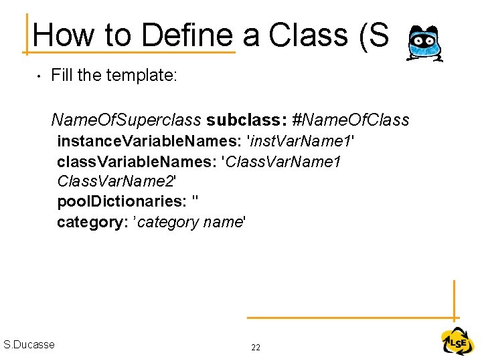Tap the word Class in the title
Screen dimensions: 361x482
[312, 35]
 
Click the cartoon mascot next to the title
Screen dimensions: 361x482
[425, 44]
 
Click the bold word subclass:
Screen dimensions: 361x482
[247, 120]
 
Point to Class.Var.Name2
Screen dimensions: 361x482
[116, 182]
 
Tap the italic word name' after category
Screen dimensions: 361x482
[224, 222]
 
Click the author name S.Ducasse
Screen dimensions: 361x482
[29, 345]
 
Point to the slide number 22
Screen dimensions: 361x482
[256, 348]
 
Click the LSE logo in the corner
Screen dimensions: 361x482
[457, 342]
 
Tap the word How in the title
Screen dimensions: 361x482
[61, 35]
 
